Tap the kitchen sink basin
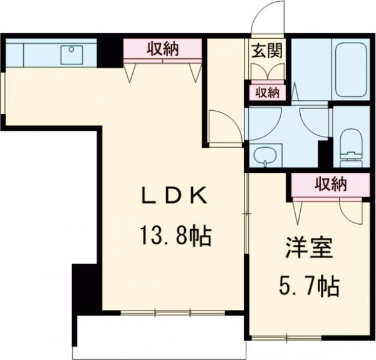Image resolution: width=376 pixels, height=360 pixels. click(x=71, y=54)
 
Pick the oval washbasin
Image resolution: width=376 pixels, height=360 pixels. click(x=266, y=154)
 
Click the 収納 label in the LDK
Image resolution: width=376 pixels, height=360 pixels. click(x=163, y=49)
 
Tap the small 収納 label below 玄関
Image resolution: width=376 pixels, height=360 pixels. click(x=266, y=93)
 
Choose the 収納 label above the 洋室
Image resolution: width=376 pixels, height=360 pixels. click(x=330, y=185)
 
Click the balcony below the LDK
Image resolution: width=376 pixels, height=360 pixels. click(x=157, y=335)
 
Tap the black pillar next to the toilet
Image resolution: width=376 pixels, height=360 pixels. click(x=324, y=153)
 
